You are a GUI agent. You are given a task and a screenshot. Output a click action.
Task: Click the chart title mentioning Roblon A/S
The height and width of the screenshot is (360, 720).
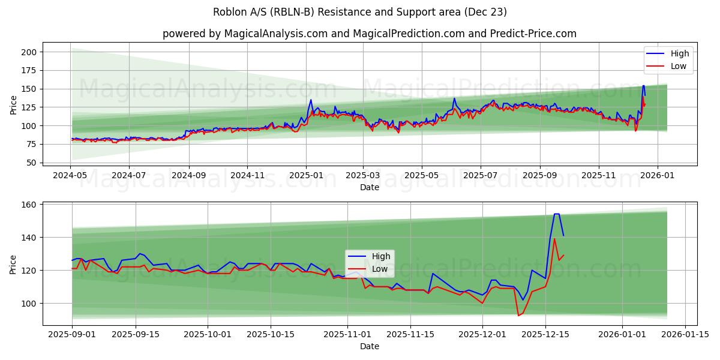tap(360, 12)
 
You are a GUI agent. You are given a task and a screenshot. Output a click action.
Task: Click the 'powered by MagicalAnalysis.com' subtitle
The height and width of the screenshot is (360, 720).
tap(370, 34)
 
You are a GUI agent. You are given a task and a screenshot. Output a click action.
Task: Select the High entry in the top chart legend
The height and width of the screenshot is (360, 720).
tap(680, 53)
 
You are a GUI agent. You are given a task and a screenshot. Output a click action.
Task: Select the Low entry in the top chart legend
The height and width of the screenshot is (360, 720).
tap(679, 66)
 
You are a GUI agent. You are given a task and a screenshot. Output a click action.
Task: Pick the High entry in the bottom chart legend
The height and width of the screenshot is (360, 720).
tap(381, 256)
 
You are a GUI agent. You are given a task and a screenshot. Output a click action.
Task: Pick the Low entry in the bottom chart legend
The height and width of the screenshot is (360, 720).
tap(380, 269)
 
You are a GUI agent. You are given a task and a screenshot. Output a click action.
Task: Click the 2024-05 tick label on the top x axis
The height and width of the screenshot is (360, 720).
tap(71, 175)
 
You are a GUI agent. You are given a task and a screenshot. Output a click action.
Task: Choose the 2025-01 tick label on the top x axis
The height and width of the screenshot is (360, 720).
tap(306, 175)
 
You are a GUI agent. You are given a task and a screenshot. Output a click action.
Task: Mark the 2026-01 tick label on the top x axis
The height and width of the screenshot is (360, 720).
tap(657, 175)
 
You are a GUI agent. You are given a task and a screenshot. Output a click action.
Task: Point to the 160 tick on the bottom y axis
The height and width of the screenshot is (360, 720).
tap(29, 205)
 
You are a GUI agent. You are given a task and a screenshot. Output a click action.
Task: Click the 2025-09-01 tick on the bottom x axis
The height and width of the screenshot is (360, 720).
tap(72, 335)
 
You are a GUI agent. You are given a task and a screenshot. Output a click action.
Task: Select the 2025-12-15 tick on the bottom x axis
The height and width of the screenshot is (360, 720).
tap(545, 335)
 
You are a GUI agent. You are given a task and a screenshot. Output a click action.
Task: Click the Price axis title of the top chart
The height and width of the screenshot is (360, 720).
tap(13, 105)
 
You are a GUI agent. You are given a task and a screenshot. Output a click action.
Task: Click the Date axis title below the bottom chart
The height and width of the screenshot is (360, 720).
tap(370, 346)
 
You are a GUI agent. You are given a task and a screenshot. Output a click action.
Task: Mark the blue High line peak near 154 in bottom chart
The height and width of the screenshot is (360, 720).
tap(556, 214)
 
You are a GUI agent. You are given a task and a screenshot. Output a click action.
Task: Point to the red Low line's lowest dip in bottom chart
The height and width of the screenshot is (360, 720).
tap(518, 316)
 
